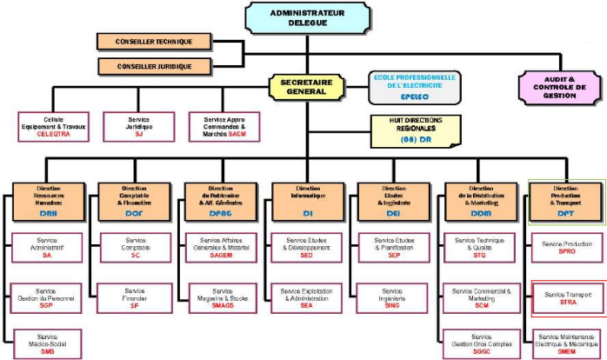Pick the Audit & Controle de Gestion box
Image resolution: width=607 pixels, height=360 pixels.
tap(559, 87)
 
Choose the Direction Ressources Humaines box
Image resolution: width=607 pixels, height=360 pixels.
tap(49, 202)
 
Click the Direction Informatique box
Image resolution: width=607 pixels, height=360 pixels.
tap(307, 202)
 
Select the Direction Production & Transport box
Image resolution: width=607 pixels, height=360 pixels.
tap(566, 202)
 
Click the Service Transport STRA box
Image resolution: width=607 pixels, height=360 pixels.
tap(568, 298)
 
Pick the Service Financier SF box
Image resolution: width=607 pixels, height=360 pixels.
tap(135, 298)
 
